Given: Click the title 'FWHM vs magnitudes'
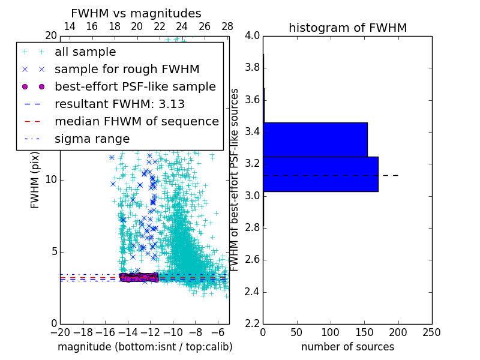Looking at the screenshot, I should [136, 13].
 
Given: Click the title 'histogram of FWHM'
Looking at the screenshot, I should [347, 28].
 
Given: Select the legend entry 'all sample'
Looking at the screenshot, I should [85, 52].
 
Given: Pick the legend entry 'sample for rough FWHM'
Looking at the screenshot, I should [127, 69].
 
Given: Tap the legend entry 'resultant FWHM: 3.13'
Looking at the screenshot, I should [119, 104].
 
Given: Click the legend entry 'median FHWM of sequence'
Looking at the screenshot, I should [136, 121].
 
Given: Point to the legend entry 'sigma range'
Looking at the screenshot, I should [92, 139].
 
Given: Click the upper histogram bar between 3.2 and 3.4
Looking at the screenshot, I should [315, 139].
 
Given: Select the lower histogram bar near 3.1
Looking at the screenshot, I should [320, 174].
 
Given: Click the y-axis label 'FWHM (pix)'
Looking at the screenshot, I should [35, 179].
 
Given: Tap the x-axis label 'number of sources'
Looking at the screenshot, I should [347, 347].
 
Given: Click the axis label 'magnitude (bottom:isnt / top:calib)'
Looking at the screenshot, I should [145, 347].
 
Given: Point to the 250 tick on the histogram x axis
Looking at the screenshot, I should [431, 332].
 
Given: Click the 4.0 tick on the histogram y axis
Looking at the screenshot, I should [252, 35].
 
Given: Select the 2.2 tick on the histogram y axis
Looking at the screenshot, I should [252, 324].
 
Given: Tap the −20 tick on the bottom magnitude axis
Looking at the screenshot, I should [60, 332].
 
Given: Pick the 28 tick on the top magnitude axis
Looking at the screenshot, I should [227, 26].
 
